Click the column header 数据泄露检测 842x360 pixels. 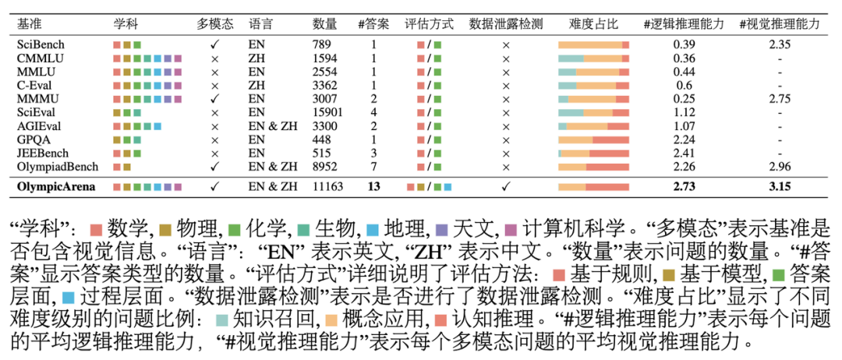pyautogui.click(x=505, y=23)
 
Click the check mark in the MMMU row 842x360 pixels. pyautogui.click(x=215, y=99)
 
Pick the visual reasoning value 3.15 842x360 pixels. pyautogui.click(x=779, y=187)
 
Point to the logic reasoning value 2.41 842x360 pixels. pyautogui.click(x=684, y=153)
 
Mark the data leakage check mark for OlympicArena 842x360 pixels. pyautogui.click(x=505, y=187)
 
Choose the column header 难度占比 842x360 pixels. pyautogui.click(x=593, y=23)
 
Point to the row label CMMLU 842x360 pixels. pyautogui.click(x=38, y=58)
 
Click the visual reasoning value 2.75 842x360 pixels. pyautogui.click(x=779, y=99)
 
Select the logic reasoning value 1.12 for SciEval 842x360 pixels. pyautogui.click(x=684, y=112)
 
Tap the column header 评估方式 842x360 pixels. pyautogui.click(x=429, y=23)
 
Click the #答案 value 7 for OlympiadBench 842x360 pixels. pyautogui.click(x=373, y=167)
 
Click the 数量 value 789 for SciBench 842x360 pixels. pyautogui.click(x=322, y=45)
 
